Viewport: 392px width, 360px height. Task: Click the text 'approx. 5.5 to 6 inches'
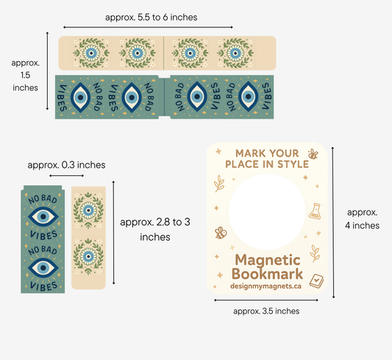(x=152, y=18)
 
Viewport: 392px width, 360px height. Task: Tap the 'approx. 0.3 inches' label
(x=66, y=165)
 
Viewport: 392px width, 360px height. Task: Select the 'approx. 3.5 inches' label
(x=266, y=311)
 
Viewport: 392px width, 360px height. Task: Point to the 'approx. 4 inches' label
(x=363, y=219)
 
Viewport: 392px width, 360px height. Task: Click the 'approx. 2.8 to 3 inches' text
(x=155, y=230)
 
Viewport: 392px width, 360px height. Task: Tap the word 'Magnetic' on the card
(x=268, y=260)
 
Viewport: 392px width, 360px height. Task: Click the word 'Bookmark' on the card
(x=267, y=274)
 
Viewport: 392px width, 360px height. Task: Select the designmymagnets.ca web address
(x=266, y=286)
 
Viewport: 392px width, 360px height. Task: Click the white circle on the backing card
(x=267, y=212)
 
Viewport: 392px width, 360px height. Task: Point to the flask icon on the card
(x=315, y=211)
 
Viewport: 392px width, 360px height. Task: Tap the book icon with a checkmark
(x=316, y=281)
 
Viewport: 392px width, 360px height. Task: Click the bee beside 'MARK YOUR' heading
(x=313, y=154)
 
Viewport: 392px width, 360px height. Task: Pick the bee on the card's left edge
(x=221, y=233)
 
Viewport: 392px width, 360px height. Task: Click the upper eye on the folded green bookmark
(x=43, y=216)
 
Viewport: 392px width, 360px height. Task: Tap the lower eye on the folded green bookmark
(x=43, y=268)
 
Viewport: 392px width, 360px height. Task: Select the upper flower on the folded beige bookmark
(x=88, y=211)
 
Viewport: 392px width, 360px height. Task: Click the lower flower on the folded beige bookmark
(x=88, y=256)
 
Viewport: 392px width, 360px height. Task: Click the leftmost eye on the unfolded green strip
(x=80, y=97)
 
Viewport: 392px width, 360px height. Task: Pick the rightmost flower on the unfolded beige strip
(x=235, y=53)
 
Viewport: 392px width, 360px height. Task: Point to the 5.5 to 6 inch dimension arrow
(x=148, y=27)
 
